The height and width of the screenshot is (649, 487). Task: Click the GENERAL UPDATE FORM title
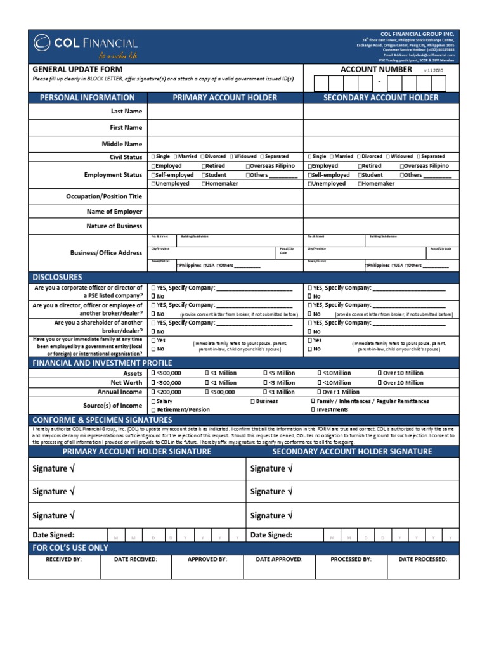click(77, 69)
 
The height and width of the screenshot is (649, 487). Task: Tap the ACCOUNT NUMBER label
click(376, 69)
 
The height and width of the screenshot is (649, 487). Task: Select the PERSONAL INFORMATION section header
click(88, 98)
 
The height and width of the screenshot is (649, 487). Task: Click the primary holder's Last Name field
click(225, 112)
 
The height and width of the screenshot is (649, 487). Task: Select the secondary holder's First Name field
click(380, 128)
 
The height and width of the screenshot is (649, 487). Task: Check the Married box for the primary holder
click(176, 157)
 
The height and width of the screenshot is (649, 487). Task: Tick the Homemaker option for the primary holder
click(204, 184)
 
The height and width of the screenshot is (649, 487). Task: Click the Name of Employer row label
click(114, 212)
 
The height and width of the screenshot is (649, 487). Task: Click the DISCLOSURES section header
click(58, 278)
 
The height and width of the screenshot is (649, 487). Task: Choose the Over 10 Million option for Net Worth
click(380, 383)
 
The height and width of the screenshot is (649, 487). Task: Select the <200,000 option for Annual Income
click(153, 392)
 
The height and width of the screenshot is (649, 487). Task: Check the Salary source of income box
click(153, 402)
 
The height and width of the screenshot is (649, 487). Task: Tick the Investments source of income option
click(313, 410)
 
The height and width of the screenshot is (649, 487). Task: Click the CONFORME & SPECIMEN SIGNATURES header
click(102, 420)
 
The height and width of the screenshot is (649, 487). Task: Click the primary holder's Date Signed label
click(53, 535)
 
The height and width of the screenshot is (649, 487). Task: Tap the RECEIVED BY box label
click(63, 560)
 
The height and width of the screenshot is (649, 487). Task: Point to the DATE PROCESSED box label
click(422, 560)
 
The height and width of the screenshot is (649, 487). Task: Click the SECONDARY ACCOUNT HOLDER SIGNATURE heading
click(352, 452)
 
